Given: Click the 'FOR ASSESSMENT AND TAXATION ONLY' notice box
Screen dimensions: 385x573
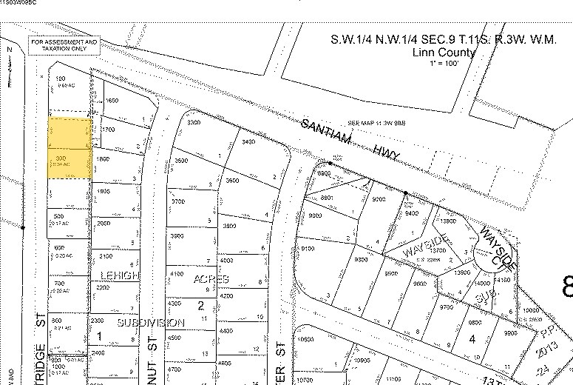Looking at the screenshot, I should pos(64,46).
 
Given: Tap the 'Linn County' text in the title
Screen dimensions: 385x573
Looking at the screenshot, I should pos(443,53).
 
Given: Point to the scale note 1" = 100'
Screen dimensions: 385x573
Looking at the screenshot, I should pos(443,64).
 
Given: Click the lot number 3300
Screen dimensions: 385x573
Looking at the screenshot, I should pos(195,122).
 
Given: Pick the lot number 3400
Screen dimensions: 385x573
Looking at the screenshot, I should pos(248,141).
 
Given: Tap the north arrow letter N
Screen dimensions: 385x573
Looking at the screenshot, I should pos(11,49).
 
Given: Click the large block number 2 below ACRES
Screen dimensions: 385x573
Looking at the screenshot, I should pos(199,304).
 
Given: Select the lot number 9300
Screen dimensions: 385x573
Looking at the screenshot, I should pos(361,260).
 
